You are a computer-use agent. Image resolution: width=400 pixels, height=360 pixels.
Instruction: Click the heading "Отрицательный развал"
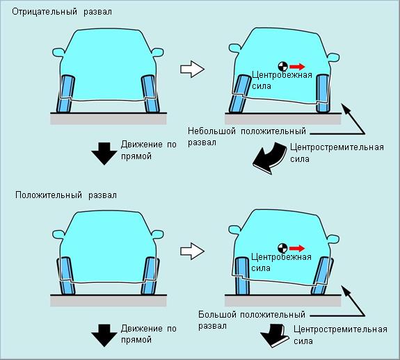62,12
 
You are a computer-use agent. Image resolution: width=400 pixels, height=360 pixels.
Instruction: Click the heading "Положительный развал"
66,195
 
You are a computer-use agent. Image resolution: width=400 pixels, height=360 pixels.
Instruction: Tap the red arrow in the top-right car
297,67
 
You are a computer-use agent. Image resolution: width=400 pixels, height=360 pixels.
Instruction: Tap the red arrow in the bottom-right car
297,248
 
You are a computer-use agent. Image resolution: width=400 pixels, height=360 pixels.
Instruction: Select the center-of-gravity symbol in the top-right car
283,67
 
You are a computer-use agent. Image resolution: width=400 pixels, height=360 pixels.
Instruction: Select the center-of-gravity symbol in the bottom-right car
282,248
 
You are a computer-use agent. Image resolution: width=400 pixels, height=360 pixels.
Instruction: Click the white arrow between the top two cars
192,69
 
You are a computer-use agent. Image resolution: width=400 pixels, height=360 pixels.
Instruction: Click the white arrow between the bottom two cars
192,251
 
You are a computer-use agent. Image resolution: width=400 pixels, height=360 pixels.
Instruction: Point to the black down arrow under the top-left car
104,154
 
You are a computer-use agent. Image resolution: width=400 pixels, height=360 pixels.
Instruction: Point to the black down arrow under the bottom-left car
104,336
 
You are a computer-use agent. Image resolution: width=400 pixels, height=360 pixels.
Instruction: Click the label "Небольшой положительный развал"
247,137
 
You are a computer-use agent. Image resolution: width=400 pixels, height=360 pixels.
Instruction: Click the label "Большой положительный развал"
252,320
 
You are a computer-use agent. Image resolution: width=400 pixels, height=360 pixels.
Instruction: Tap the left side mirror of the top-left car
58,52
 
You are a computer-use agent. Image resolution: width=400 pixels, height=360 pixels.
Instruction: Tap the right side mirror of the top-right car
333,58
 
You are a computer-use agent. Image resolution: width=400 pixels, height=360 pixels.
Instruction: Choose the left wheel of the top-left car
65,94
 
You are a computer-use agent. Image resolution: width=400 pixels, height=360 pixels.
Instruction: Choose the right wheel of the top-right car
323,94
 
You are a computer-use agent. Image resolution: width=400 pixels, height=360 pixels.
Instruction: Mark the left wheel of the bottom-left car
66,276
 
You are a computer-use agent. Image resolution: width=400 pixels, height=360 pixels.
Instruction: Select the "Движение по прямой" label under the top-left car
149,150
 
